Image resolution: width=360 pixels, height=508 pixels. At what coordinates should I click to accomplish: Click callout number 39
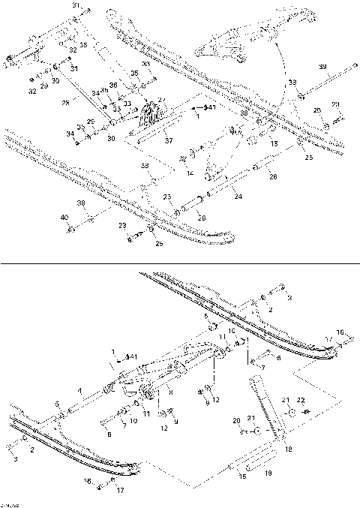322,68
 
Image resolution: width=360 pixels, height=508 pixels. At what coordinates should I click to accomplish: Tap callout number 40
64,217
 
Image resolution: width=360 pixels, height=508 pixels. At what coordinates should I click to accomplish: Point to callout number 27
161,100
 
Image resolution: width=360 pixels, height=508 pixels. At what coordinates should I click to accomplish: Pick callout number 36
113,86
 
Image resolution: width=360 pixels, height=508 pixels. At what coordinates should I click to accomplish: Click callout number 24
238,197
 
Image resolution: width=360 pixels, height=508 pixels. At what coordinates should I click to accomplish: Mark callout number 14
190,173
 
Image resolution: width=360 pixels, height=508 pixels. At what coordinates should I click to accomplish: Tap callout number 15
241,476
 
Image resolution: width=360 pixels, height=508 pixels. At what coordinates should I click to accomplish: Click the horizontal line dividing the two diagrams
180,264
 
